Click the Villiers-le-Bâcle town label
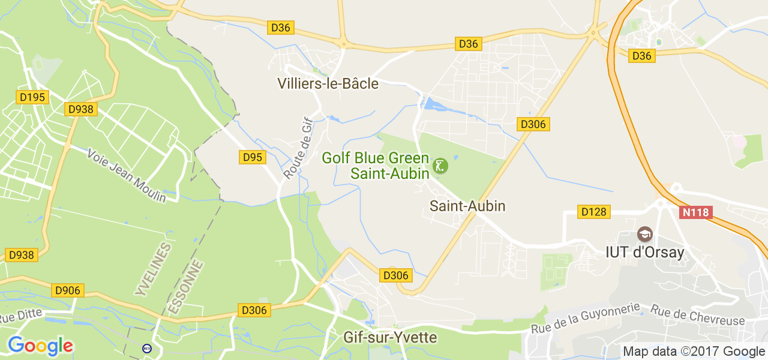(328, 84)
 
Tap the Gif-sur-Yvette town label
(390, 337)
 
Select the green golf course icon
(440, 166)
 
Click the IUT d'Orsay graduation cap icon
(645, 234)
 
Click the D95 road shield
(253, 157)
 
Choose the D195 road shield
(32, 97)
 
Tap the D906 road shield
(67, 290)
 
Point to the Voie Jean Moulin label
(127, 175)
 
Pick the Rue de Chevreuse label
(697, 316)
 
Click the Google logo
(40, 346)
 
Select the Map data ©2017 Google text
(694, 352)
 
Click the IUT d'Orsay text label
(644, 252)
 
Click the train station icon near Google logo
(147, 348)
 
